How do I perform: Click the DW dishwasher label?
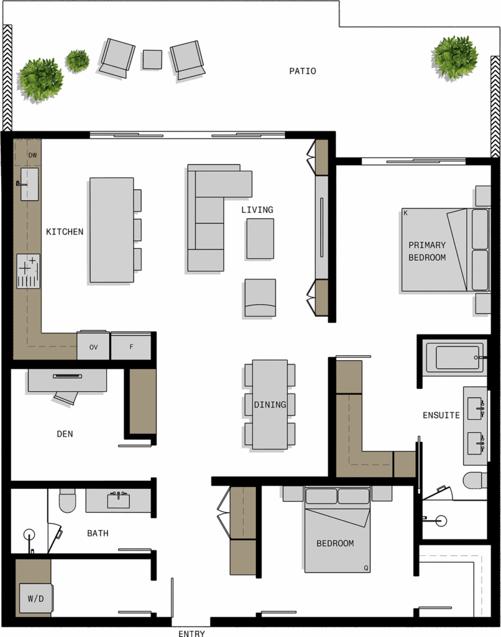click(x=32, y=155)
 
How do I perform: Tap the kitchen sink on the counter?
click(x=29, y=184)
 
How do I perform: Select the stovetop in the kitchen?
click(x=29, y=271)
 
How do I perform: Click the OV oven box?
click(x=93, y=346)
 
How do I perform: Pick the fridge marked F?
click(x=131, y=346)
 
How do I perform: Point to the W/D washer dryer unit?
click(x=36, y=598)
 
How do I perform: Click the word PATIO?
click(x=303, y=71)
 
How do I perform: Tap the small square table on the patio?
click(x=152, y=59)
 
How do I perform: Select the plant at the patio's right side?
click(x=455, y=57)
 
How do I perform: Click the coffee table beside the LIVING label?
click(x=260, y=239)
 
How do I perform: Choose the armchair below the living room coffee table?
click(x=260, y=298)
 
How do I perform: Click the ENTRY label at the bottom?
click(x=191, y=633)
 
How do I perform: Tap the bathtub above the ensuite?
click(x=454, y=358)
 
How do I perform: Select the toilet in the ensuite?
click(x=475, y=480)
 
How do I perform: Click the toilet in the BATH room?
click(x=67, y=501)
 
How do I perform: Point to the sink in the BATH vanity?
click(x=119, y=501)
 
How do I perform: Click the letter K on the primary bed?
click(x=405, y=213)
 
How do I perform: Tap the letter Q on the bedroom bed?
click(x=365, y=568)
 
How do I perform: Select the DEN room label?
click(x=65, y=434)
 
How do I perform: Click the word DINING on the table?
click(x=270, y=404)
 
